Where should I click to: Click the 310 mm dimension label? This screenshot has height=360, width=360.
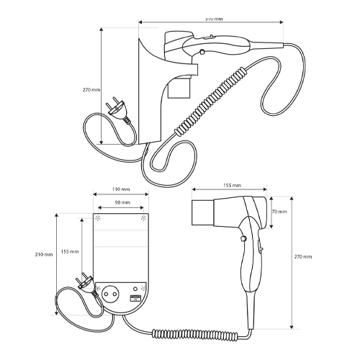pos(214,19)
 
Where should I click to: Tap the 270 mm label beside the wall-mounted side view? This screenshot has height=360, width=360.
pos(91,90)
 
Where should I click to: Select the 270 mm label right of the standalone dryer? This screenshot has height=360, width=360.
pos(303,256)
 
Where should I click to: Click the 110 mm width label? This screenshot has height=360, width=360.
pos(121,189)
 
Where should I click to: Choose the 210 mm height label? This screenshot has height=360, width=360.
pos(44,254)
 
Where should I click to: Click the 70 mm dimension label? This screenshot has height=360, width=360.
pos(279,212)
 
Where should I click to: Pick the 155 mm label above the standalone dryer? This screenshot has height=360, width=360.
pos(232,185)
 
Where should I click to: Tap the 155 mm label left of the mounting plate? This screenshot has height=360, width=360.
pos(70,251)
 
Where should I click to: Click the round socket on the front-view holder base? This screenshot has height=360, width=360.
pos(110,294)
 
